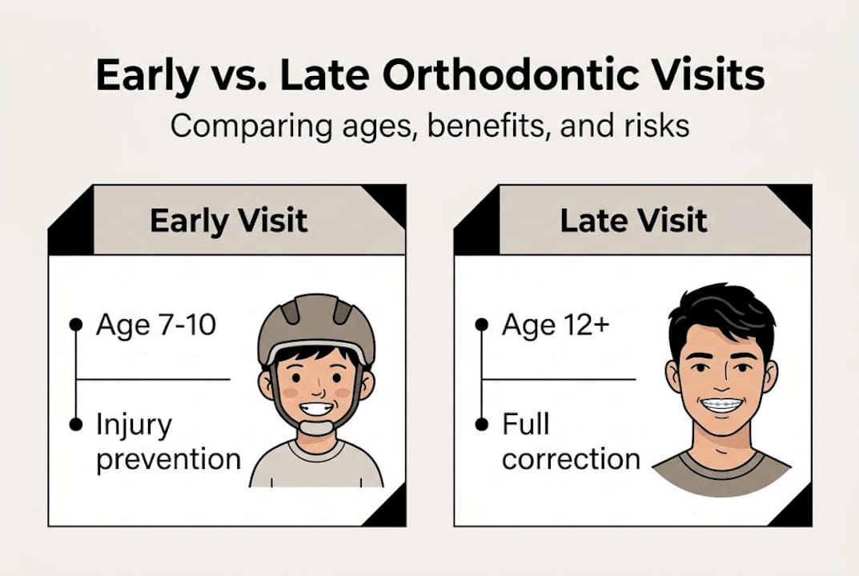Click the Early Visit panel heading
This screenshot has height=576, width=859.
(228, 221)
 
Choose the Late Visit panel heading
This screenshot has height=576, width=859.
(633, 221)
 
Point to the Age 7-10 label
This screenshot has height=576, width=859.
(155, 326)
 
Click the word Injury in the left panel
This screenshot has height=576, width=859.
(133, 425)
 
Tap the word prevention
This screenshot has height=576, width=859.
(168, 459)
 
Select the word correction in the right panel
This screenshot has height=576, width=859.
(571, 459)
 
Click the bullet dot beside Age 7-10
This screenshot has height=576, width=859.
(76, 324)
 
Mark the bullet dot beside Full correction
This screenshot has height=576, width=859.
(481, 424)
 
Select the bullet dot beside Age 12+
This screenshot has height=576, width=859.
(481, 324)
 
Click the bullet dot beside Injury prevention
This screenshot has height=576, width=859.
(76, 424)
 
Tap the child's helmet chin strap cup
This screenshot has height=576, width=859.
(316, 427)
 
